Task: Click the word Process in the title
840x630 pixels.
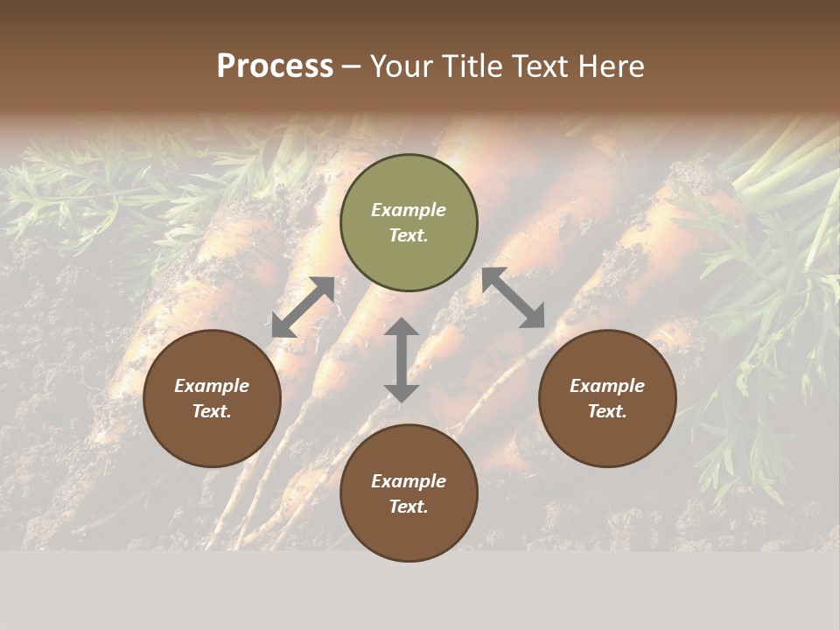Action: [x=275, y=66]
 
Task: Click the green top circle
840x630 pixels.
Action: [x=409, y=223]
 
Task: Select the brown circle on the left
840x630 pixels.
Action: [x=212, y=398]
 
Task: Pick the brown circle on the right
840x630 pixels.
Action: [x=607, y=398]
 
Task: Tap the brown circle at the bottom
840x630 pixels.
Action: [x=409, y=493]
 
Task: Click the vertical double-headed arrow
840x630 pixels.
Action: [x=402, y=360]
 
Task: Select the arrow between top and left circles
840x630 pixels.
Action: [x=303, y=307]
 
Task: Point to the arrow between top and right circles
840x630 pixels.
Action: [x=514, y=297]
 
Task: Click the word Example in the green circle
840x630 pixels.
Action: [x=409, y=210]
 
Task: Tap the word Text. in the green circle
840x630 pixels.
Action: [x=409, y=235]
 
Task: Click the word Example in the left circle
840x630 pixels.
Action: [x=212, y=386]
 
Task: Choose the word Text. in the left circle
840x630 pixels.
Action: [x=212, y=411]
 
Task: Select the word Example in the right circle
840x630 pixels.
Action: [x=607, y=386]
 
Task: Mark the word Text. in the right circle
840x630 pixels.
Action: [x=607, y=411]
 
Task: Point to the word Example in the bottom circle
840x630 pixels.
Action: [x=409, y=481]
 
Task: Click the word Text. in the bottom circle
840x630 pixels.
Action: [x=409, y=507]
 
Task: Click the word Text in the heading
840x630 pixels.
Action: [x=543, y=66]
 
